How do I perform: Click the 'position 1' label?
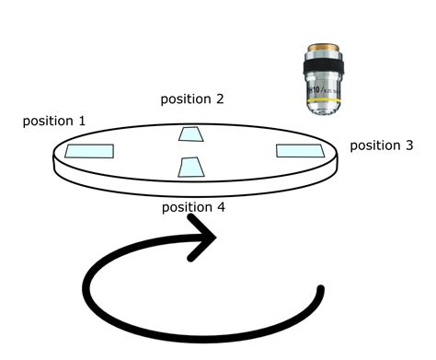(x=54, y=121)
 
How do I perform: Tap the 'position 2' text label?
(x=192, y=99)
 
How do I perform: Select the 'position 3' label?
(x=382, y=145)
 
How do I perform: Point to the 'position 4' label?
(x=193, y=207)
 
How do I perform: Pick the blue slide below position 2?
(x=192, y=135)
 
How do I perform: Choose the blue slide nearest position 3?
(x=300, y=150)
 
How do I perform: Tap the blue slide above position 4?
(x=192, y=167)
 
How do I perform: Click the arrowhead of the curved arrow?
(x=206, y=237)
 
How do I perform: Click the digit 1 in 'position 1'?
(x=82, y=121)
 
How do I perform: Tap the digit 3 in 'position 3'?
(x=408, y=145)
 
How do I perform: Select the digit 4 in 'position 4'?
(x=220, y=207)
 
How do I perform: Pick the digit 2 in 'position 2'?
(x=219, y=99)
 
